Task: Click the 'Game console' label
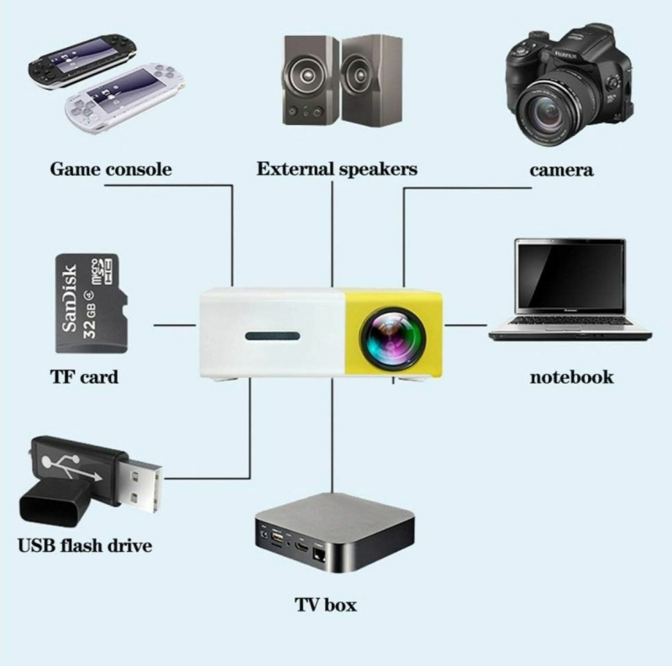point(111,170)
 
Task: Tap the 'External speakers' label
point(336,170)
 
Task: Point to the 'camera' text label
point(561,170)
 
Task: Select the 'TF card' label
point(85,376)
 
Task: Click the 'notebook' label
point(571,376)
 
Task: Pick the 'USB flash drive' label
point(85,546)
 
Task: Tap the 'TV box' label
point(325,605)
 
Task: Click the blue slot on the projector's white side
point(273,338)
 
